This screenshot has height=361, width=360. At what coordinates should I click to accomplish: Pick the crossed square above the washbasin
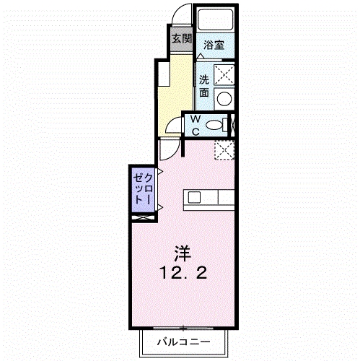pos(225,74)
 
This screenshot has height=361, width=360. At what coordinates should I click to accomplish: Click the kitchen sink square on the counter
pos(196,197)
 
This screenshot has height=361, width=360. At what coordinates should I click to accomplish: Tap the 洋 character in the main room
pos(183,253)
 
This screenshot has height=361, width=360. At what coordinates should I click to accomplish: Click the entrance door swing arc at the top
pos(185,16)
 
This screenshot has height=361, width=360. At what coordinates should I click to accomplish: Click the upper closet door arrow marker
pos(159,172)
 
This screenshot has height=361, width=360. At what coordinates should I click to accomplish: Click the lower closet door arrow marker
pos(159,208)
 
